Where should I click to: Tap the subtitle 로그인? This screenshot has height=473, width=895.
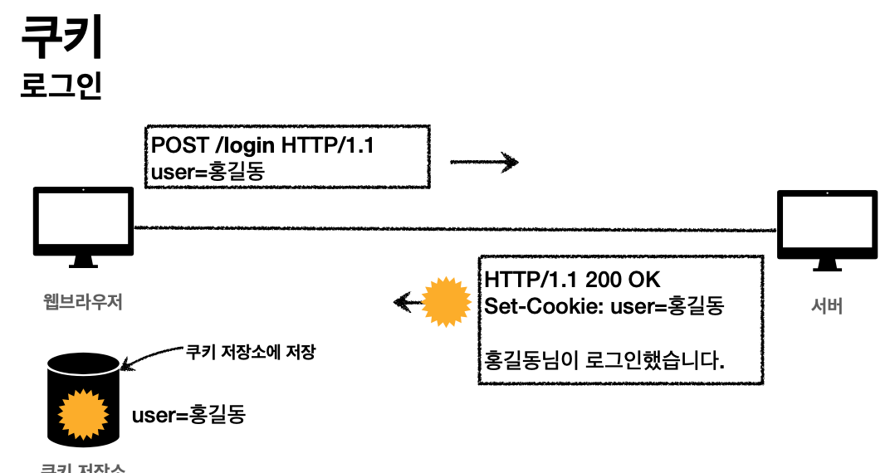(61, 85)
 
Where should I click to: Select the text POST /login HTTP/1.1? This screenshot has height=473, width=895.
(262, 146)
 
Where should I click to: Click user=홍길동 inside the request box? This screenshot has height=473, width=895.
(212, 172)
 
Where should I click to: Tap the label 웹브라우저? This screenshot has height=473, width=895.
(82, 302)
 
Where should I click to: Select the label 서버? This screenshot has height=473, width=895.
(827, 305)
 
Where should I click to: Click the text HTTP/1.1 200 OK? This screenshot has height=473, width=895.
(573, 279)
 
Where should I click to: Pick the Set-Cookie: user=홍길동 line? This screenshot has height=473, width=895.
(604, 305)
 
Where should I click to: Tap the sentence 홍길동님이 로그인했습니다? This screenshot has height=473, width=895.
(604, 361)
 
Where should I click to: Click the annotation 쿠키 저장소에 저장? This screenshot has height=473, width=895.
(251, 352)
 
